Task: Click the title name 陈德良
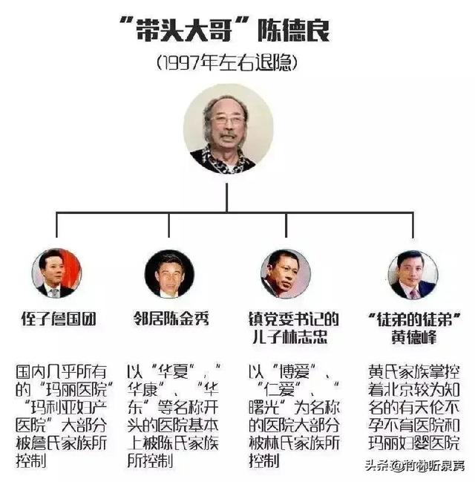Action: (x=293, y=30)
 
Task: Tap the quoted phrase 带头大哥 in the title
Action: (x=184, y=30)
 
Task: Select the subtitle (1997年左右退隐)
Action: (x=227, y=62)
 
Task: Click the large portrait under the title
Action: (x=228, y=129)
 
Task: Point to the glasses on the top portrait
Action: (x=228, y=120)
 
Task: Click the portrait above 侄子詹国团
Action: (x=56, y=273)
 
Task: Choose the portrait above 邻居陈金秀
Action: (x=169, y=274)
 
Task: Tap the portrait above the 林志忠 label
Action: (x=286, y=274)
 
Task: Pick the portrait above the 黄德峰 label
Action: (x=413, y=275)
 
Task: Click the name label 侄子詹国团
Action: (x=59, y=319)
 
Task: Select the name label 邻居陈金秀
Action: (x=171, y=319)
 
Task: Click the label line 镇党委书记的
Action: (x=294, y=319)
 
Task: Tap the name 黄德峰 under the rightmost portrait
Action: (x=414, y=337)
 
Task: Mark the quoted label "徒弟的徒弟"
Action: (x=414, y=319)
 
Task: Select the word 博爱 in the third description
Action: (x=294, y=371)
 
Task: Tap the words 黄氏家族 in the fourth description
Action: (x=399, y=371)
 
